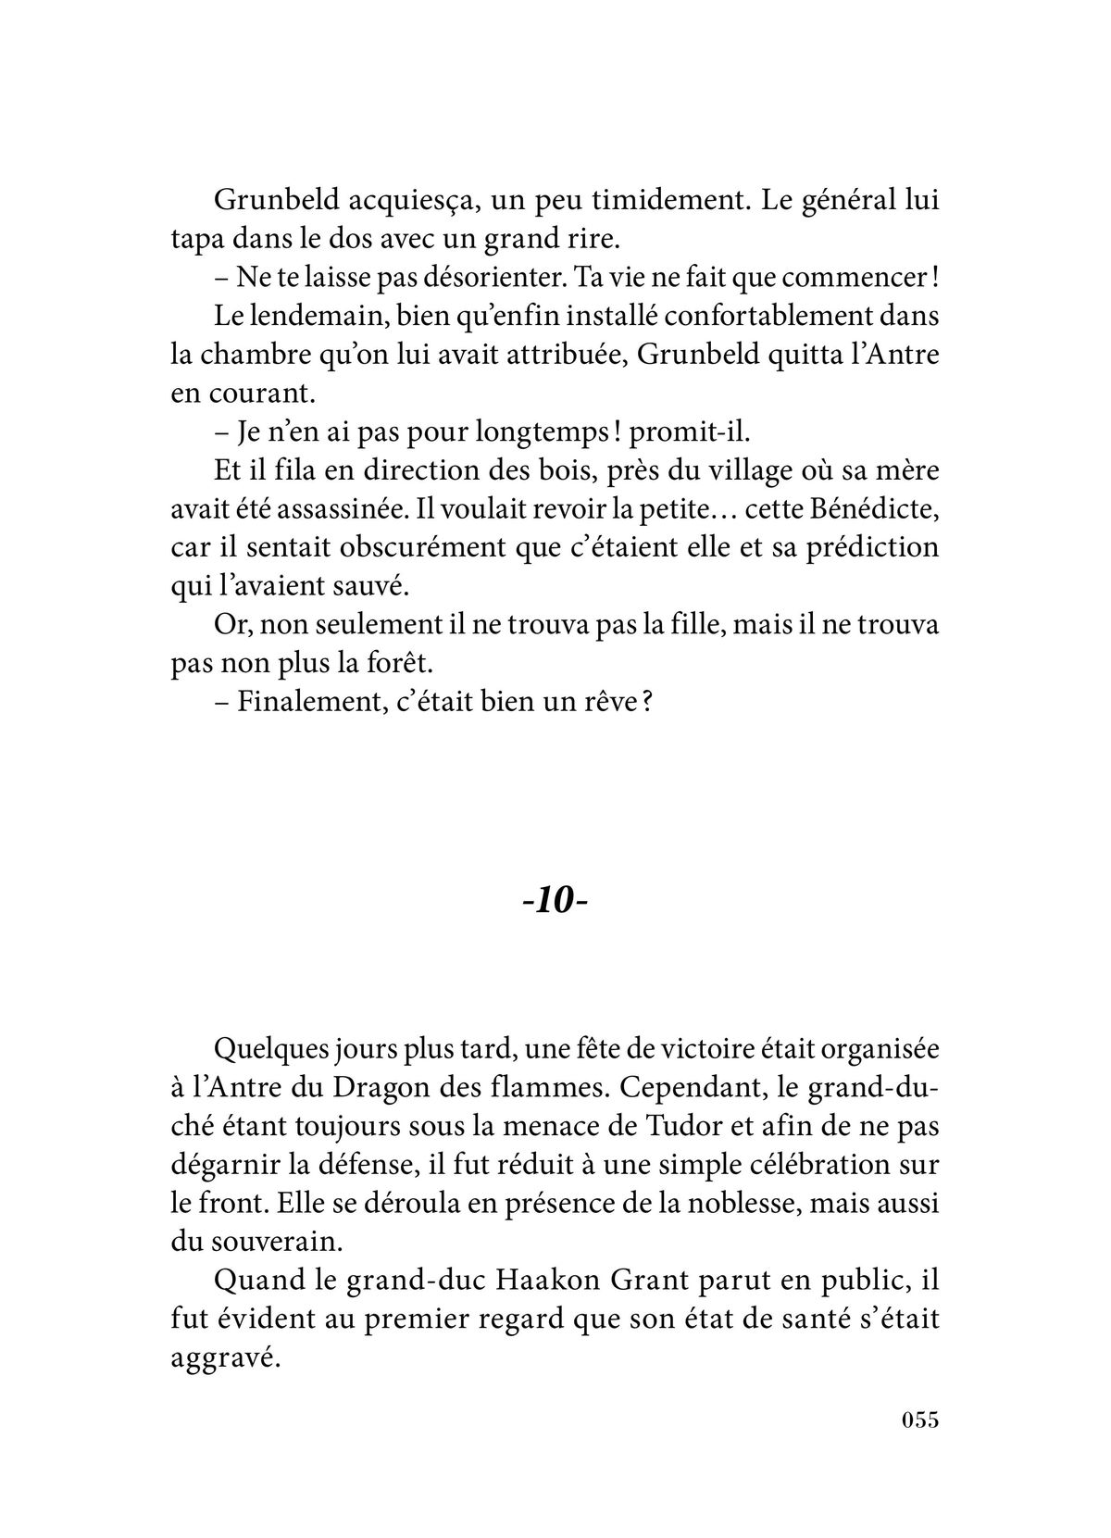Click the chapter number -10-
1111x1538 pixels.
pyautogui.click(x=555, y=901)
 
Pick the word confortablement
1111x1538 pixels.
pyautogui.click(x=726, y=317)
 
